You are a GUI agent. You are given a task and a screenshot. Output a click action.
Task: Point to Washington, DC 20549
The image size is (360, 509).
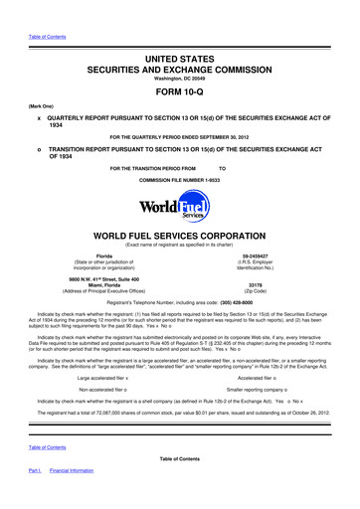point(179,64)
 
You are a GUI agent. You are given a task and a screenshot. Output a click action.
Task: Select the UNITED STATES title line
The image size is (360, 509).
point(180,36)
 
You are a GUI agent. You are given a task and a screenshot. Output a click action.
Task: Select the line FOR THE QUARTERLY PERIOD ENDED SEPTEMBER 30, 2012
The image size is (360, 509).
point(180,135)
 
